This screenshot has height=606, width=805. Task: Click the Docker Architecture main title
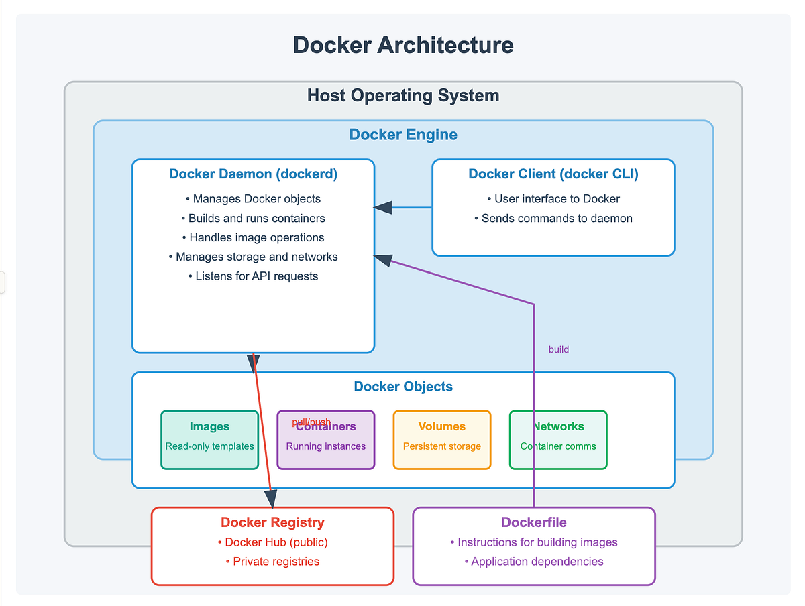403,45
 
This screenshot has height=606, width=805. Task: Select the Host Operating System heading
403,95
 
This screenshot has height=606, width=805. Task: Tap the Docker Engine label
403,135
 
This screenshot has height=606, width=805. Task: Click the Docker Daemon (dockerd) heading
253,174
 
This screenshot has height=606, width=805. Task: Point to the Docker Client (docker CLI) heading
553,174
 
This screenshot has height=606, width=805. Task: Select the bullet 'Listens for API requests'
253,276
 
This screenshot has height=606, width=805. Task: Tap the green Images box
209,439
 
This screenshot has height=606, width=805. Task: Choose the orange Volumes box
442,439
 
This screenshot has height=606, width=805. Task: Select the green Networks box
558,439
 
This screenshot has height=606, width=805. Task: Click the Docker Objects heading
403,387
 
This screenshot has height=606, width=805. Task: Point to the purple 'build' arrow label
559,349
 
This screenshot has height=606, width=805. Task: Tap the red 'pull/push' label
311,422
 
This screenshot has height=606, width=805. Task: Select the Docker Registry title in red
272,522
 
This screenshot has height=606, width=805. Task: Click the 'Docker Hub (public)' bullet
272,542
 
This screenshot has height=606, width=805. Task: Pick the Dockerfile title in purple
534,522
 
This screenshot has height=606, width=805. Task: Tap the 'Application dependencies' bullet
534,562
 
